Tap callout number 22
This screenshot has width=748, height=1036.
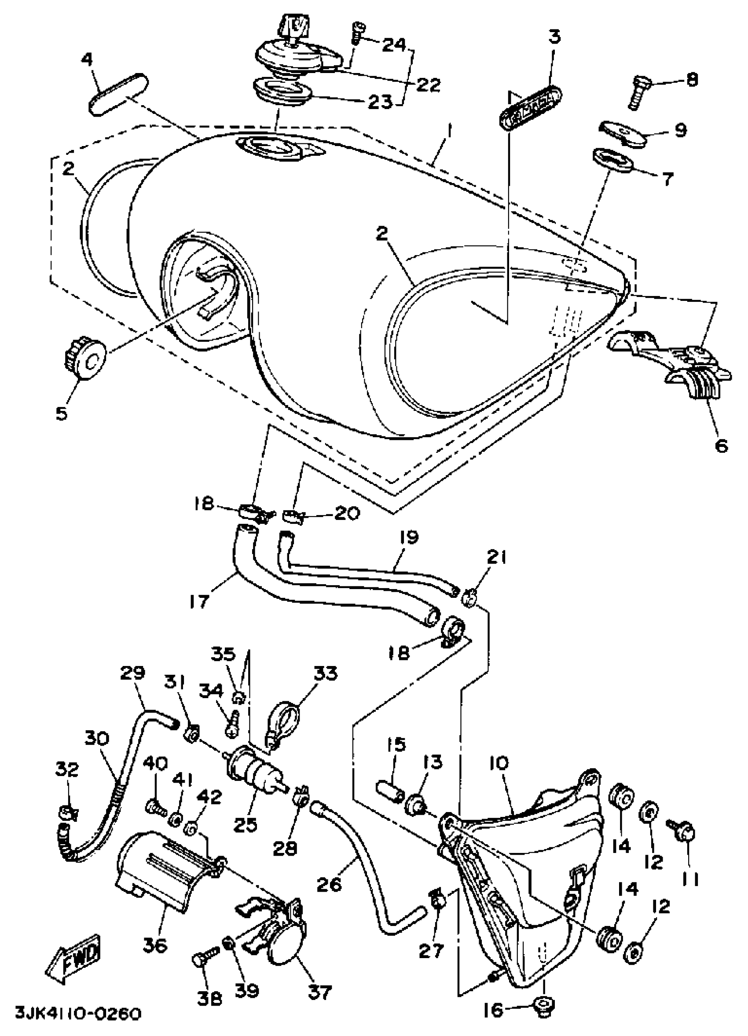(427, 84)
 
